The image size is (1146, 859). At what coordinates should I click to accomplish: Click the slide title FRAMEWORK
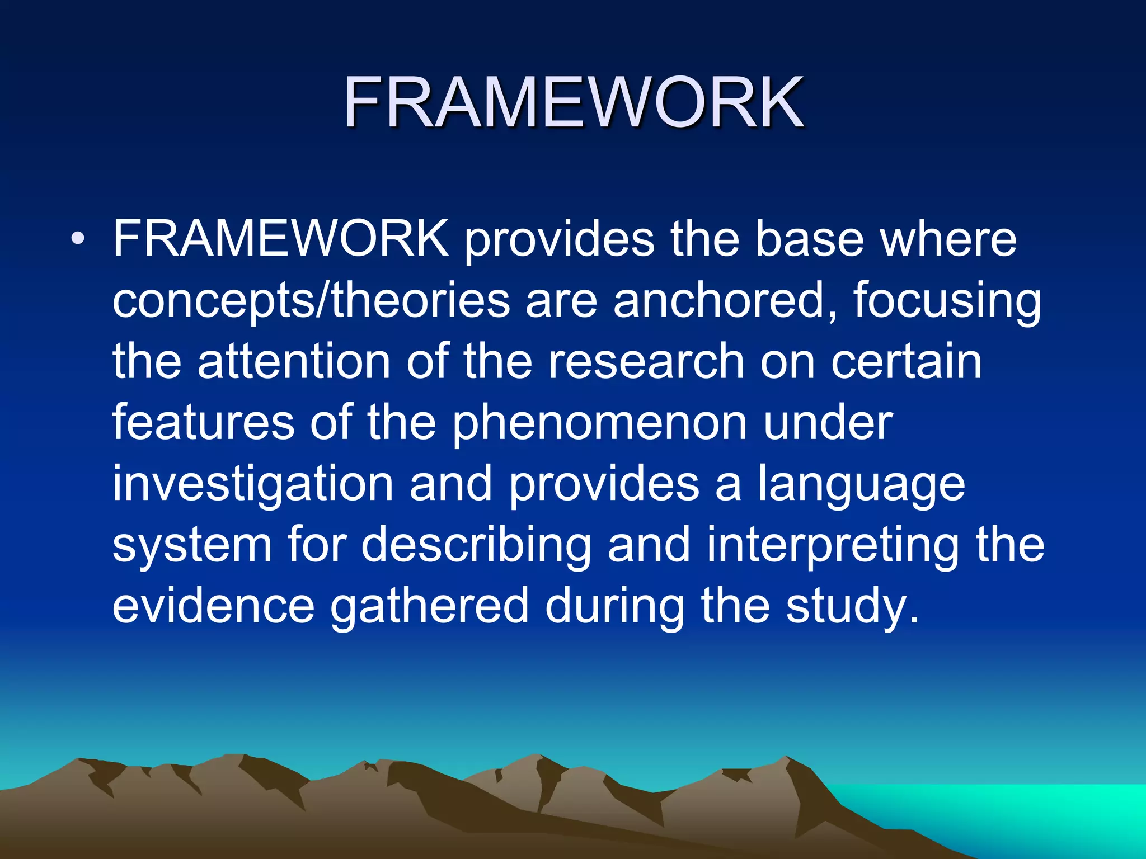574,102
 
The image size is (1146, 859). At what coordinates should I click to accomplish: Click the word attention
294,361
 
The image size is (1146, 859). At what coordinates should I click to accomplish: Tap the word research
646,361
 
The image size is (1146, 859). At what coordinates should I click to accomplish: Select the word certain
907,361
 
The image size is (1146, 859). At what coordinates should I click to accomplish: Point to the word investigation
253,484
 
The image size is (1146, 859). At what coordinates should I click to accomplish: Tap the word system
192,546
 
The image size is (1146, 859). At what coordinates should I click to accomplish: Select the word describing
476,546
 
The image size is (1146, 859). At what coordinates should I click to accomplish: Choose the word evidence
214,606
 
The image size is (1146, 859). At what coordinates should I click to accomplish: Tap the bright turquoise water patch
1035,811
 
